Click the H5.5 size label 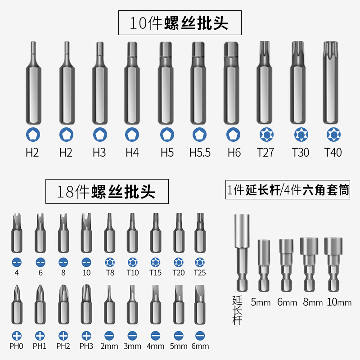200,153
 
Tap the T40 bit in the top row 331,83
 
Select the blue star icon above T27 266,135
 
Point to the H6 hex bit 232,83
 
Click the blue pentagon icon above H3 100,135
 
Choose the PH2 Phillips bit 63,305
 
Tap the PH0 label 16,346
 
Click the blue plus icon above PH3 86,336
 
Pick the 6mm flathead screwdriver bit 200,305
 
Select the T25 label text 200,273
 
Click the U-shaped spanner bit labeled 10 86,233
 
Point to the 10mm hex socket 333,265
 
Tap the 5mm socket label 261,302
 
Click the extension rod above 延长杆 242,253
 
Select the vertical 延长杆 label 237,310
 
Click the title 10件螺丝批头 180,23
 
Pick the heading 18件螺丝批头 107,192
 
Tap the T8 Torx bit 110,233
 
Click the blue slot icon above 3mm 132,336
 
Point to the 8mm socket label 313,302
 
